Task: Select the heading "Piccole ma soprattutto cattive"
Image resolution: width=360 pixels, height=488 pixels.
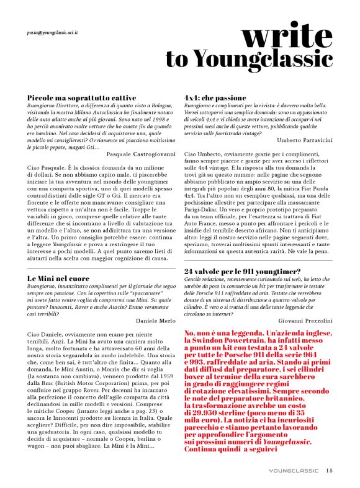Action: click(x=82, y=98)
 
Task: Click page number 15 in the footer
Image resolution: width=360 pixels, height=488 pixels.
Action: click(x=330, y=471)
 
